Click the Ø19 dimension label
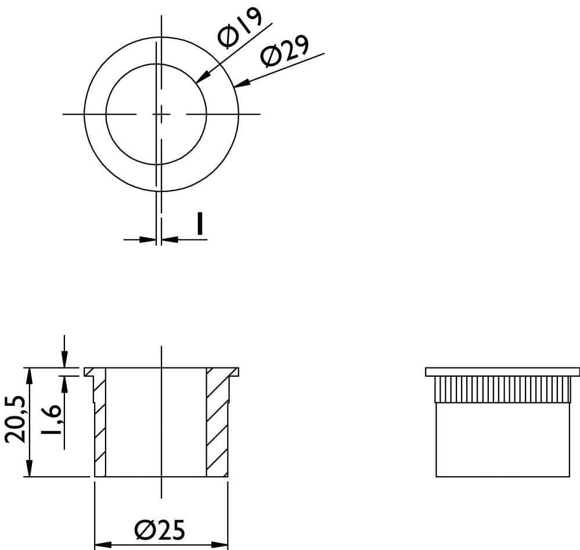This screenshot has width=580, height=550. (240, 28)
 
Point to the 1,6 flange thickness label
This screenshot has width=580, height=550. (51, 420)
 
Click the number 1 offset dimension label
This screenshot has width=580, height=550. (200, 224)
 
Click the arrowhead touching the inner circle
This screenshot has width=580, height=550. (203, 76)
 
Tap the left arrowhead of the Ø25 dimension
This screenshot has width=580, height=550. (103, 545)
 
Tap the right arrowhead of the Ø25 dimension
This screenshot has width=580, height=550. (219, 545)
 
